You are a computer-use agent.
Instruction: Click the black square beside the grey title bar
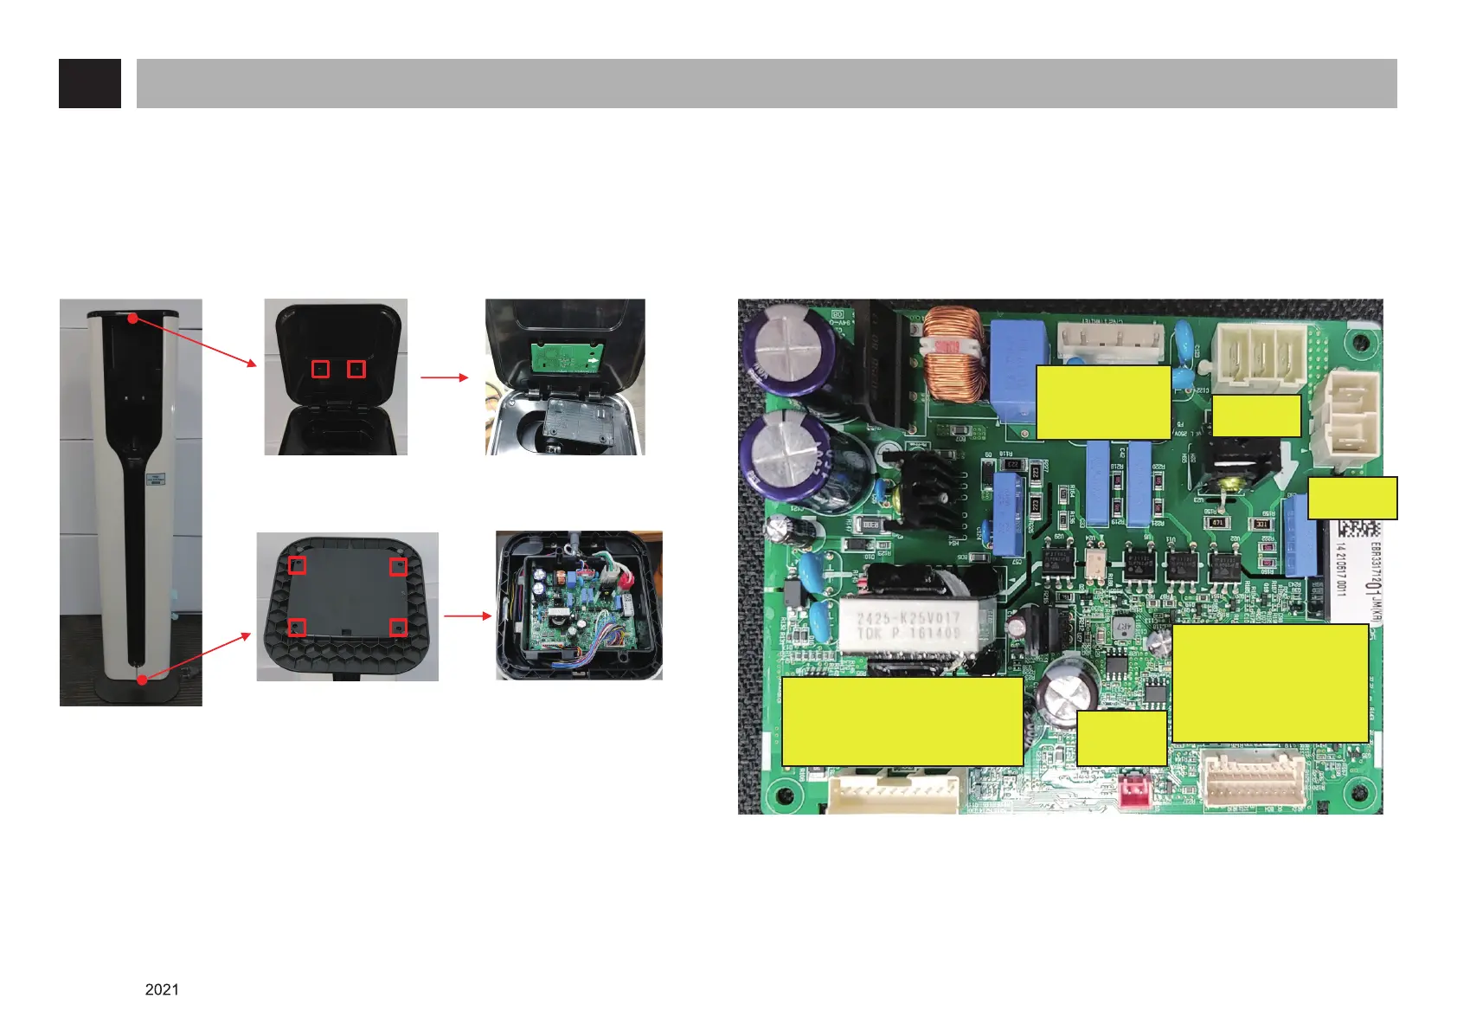tap(89, 83)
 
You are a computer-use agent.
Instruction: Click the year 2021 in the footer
tap(162, 989)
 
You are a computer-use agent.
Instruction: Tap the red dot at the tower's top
tap(132, 319)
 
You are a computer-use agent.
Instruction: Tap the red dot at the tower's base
tap(142, 680)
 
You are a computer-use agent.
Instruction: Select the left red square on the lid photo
tap(320, 369)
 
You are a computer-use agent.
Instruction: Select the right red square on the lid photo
tap(356, 369)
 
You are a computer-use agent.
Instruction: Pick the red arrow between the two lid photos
tap(445, 377)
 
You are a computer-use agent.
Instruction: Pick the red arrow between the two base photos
tap(467, 616)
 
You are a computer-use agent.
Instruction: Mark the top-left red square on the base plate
tap(297, 565)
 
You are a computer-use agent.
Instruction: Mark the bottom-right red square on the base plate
tap(398, 627)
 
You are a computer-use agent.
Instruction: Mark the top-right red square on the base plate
tap(398, 567)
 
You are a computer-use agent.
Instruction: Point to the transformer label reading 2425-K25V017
tap(908, 626)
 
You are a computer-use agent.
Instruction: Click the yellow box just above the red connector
tap(1121, 738)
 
